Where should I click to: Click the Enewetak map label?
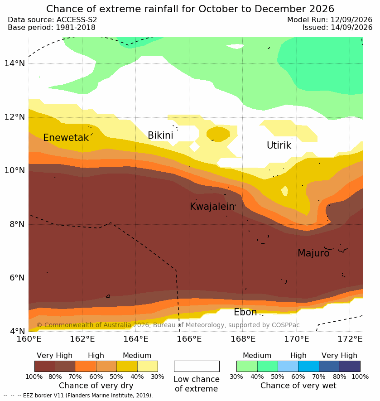[x=66, y=138]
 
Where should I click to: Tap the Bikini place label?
[x=160, y=135]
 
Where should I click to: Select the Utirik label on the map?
[x=279, y=145]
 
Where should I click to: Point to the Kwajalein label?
[x=212, y=206]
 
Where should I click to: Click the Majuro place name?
[x=313, y=253]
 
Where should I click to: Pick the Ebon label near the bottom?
[x=245, y=312]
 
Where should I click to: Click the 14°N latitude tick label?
[x=14, y=63]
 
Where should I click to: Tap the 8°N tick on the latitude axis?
[x=17, y=224]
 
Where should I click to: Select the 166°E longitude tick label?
[x=189, y=339]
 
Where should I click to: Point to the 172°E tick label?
[x=350, y=339]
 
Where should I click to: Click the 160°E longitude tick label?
[x=29, y=339]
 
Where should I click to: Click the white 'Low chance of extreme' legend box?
[x=197, y=366]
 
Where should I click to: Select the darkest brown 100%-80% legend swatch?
[x=45, y=366]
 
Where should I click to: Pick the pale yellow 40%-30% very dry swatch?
[x=148, y=366]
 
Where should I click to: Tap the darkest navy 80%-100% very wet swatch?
[x=350, y=366]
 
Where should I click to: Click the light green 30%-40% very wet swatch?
[x=247, y=366]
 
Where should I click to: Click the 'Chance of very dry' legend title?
[x=96, y=386]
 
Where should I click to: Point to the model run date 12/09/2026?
[x=351, y=19]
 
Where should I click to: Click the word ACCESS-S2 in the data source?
[x=77, y=19]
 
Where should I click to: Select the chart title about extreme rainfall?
[x=190, y=9]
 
